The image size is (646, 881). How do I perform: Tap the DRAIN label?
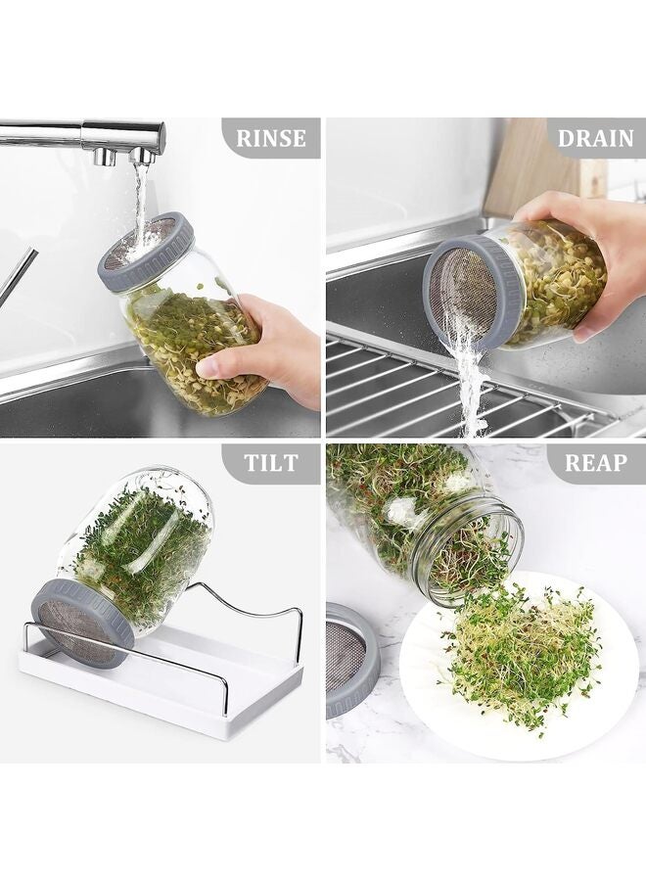595,138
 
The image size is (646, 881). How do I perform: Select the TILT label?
271,464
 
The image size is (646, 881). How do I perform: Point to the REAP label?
595,464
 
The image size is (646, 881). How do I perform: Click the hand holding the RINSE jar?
269,348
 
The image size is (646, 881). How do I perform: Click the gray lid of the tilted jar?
80,622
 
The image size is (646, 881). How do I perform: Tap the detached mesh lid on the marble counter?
350,661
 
